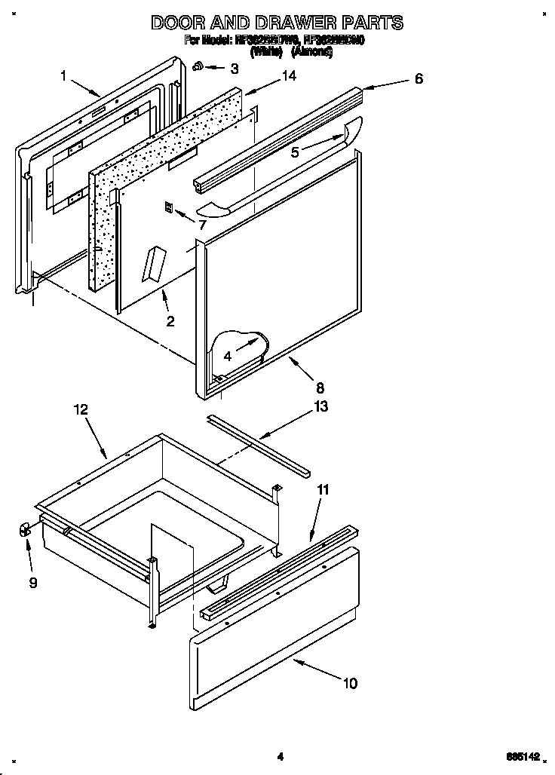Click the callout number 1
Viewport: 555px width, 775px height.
tap(64, 75)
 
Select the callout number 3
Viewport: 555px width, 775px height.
tap(235, 69)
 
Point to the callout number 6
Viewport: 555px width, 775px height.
tap(419, 78)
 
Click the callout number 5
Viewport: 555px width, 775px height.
tap(296, 152)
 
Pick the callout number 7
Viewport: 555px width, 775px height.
tap(201, 225)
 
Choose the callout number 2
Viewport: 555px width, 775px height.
tap(170, 321)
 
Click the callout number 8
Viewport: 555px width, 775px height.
tap(320, 387)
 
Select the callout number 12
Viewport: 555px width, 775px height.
tap(81, 409)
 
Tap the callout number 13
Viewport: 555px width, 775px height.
tap(321, 408)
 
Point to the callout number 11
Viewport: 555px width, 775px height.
tap(322, 489)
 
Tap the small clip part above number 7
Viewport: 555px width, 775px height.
tap(170, 207)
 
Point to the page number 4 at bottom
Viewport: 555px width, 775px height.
tap(279, 756)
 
